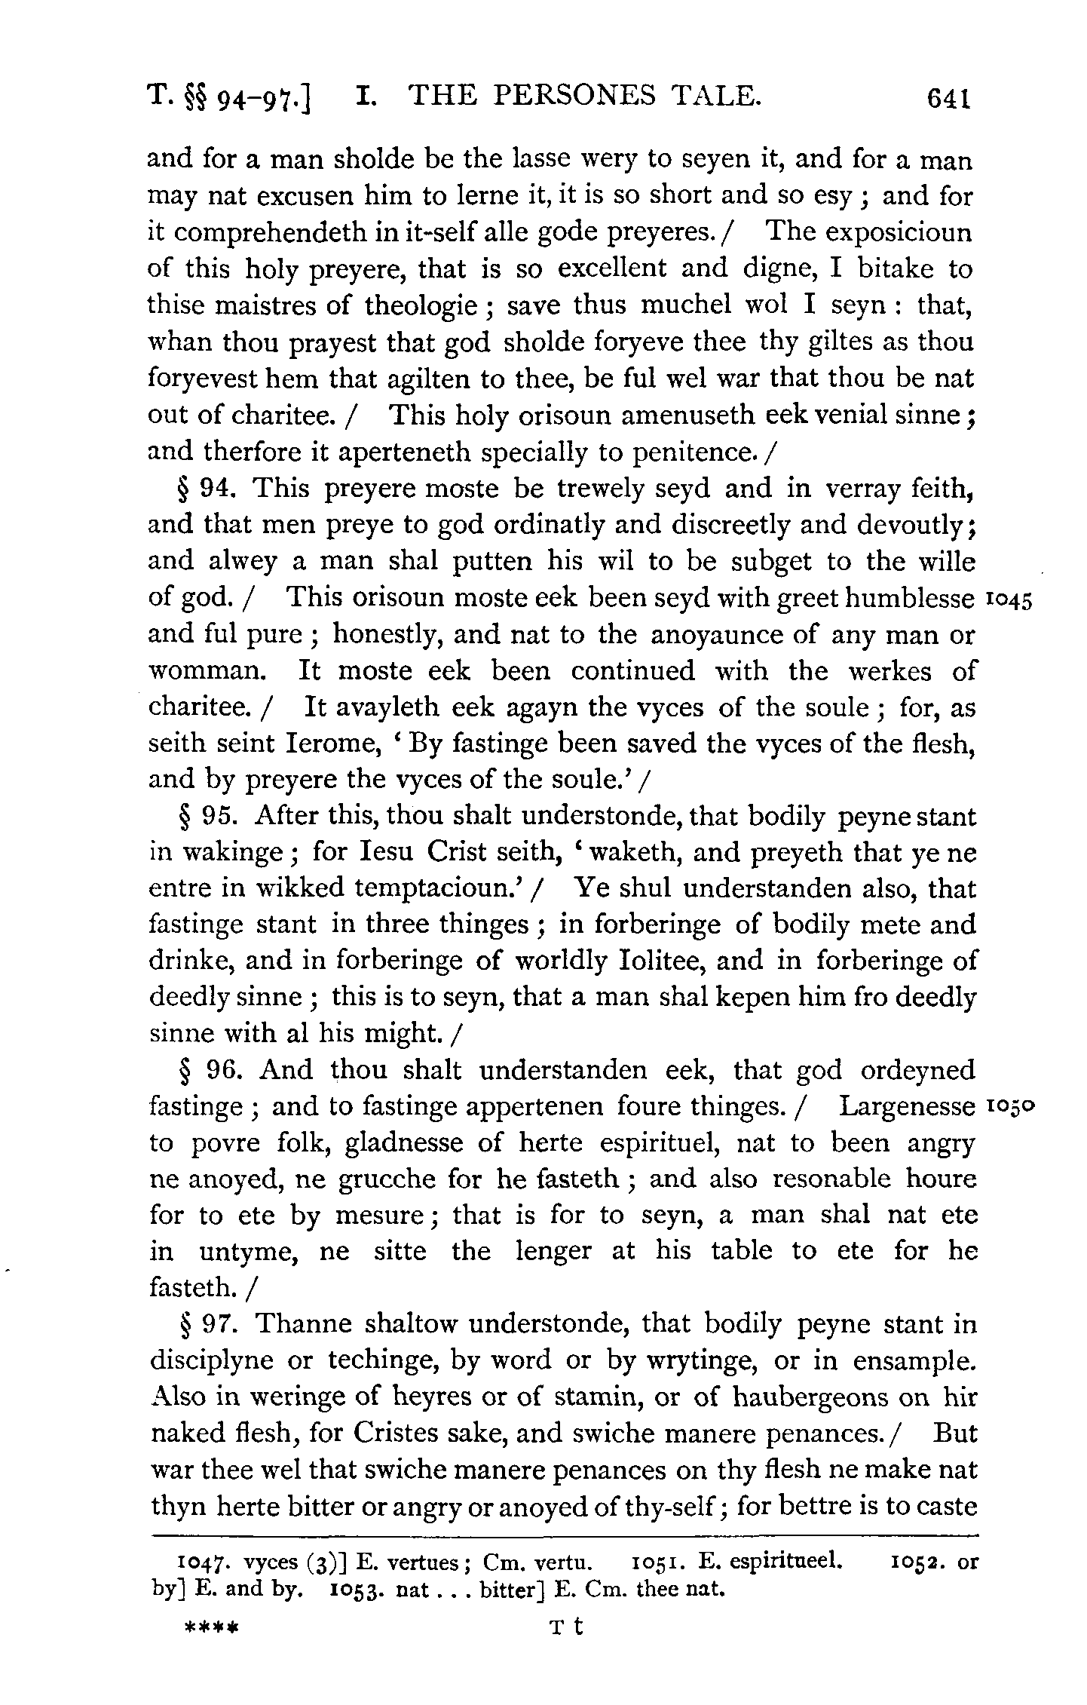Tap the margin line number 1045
point(1007,600)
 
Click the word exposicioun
point(898,233)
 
